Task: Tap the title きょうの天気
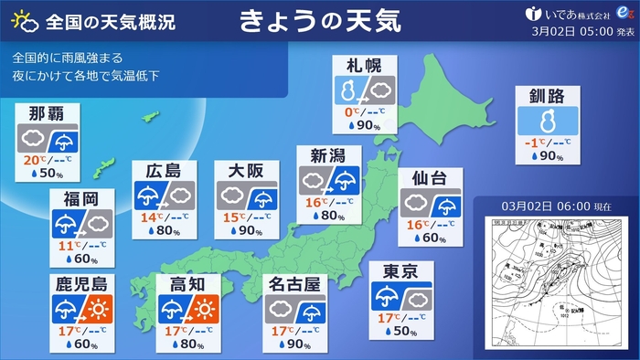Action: pos(321,20)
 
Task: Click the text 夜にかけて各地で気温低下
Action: pos(87,75)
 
